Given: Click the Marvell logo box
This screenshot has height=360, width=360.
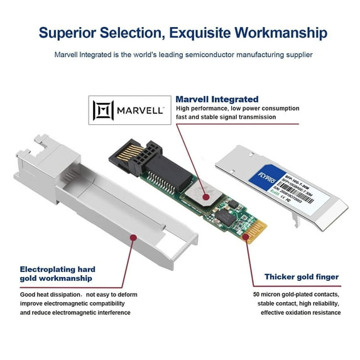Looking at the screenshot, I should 129,111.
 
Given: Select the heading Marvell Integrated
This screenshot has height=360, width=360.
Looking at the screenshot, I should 217,99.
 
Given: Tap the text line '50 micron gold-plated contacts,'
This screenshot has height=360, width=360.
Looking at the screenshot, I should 297,294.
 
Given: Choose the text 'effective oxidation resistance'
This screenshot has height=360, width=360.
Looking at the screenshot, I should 297,312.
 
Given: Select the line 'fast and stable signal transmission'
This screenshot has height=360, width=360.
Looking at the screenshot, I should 227,117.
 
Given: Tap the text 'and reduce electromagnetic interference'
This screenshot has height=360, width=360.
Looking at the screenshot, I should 75,312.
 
